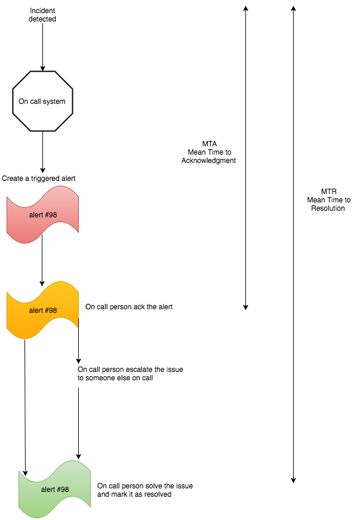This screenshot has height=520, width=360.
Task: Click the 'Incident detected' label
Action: [x=42, y=14]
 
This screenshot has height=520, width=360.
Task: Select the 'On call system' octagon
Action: [x=42, y=101]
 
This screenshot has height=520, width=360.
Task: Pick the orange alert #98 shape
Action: [x=42, y=310]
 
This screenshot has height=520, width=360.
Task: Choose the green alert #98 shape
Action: [x=54, y=489]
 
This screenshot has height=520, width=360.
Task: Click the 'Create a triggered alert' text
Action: [x=39, y=178]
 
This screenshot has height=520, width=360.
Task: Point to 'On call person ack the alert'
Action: [x=129, y=307]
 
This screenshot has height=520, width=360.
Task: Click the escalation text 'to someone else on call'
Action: [x=115, y=377]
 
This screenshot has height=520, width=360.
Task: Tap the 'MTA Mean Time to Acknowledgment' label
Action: [x=208, y=152]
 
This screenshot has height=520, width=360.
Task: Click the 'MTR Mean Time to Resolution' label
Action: [x=328, y=200]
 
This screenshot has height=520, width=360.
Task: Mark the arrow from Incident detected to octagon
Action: [x=42, y=48]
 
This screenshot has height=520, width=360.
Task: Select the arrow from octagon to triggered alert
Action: [x=42, y=152]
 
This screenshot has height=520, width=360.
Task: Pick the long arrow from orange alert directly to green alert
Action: [x=25, y=406]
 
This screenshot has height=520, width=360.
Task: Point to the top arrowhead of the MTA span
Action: [x=245, y=8]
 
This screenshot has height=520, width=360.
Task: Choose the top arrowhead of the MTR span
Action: [x=293, y=8]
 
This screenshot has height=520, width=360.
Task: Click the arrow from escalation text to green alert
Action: [x=78, y=424]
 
